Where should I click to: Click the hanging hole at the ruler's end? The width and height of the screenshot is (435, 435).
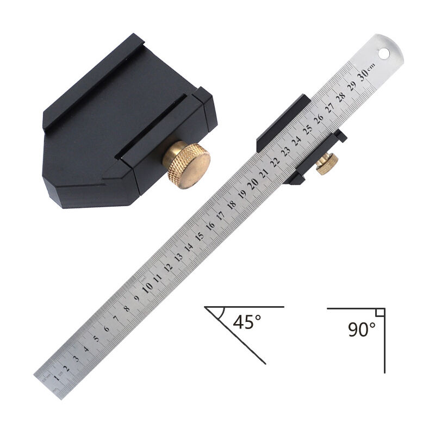pos(384,53)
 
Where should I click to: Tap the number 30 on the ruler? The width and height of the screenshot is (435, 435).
pos(364,74)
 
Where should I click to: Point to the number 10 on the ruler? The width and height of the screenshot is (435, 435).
pos(147,288)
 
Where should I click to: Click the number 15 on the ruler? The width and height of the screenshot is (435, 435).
pos(200,236)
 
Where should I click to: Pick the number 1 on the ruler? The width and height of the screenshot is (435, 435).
pos(57,377)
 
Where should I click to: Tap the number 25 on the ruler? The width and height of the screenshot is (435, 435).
pos(307,129)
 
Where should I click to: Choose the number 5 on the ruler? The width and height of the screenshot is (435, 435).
pos(96,338)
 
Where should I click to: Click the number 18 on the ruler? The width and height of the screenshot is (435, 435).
pos(232,204)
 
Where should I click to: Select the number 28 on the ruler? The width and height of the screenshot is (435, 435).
pos(341,97)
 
